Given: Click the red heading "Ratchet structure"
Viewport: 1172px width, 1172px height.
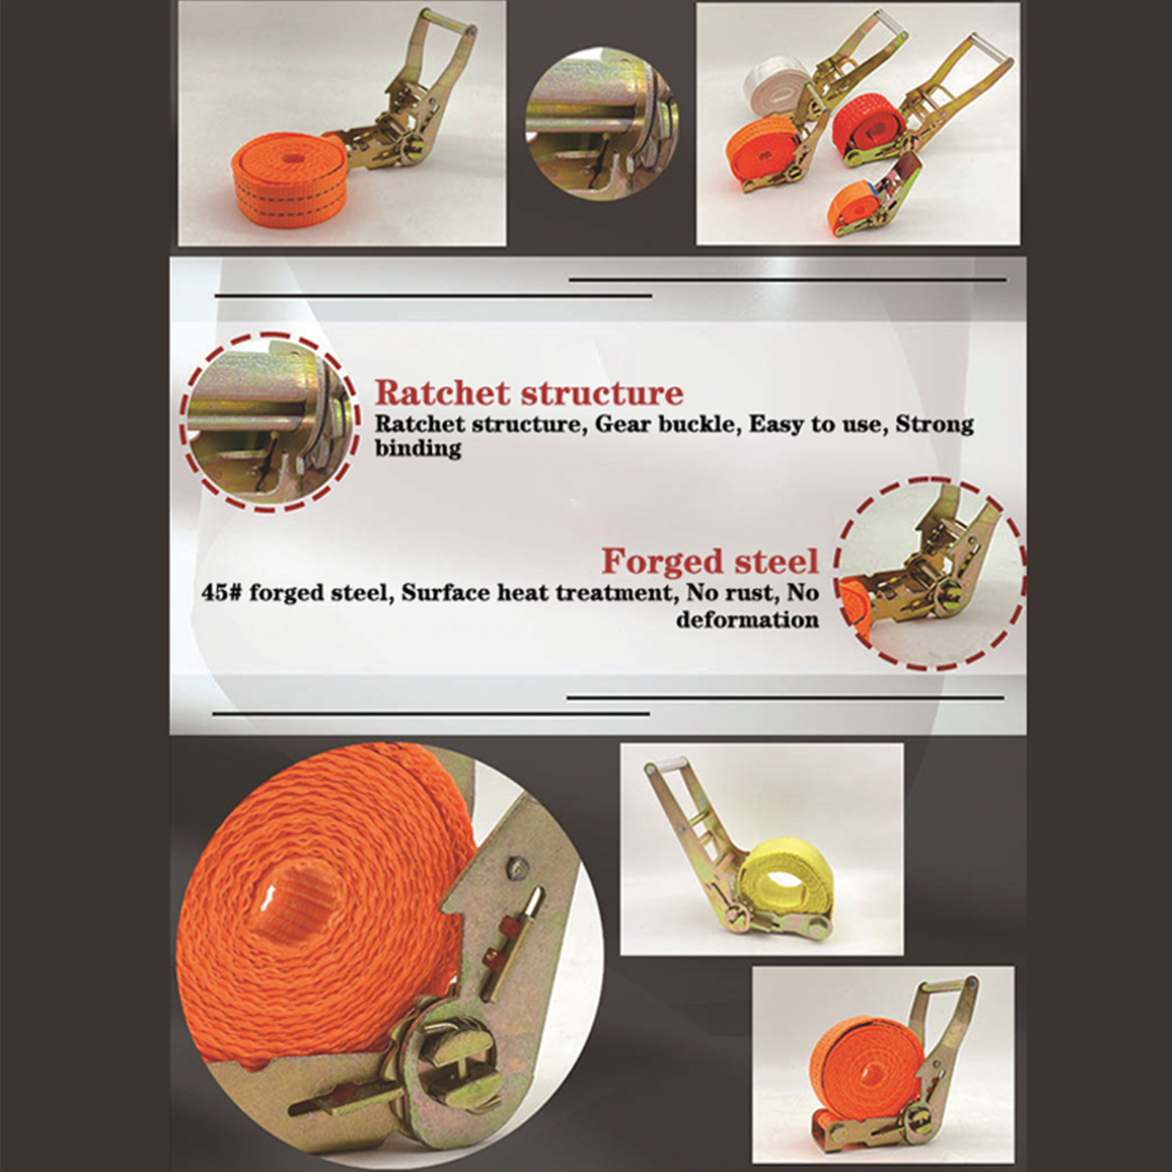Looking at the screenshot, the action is tap(529, 393).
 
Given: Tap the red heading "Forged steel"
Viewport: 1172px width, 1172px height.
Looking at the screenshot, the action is tap(710, 562).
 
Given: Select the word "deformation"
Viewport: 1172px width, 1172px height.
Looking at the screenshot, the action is tap(747, 620).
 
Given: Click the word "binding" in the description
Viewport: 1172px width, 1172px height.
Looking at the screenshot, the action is tap(418, 448).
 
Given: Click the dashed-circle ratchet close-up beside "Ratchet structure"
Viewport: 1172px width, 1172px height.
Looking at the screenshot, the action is tap(270, 423).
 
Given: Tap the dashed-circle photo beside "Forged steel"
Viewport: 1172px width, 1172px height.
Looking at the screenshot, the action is tap(930, 574).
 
